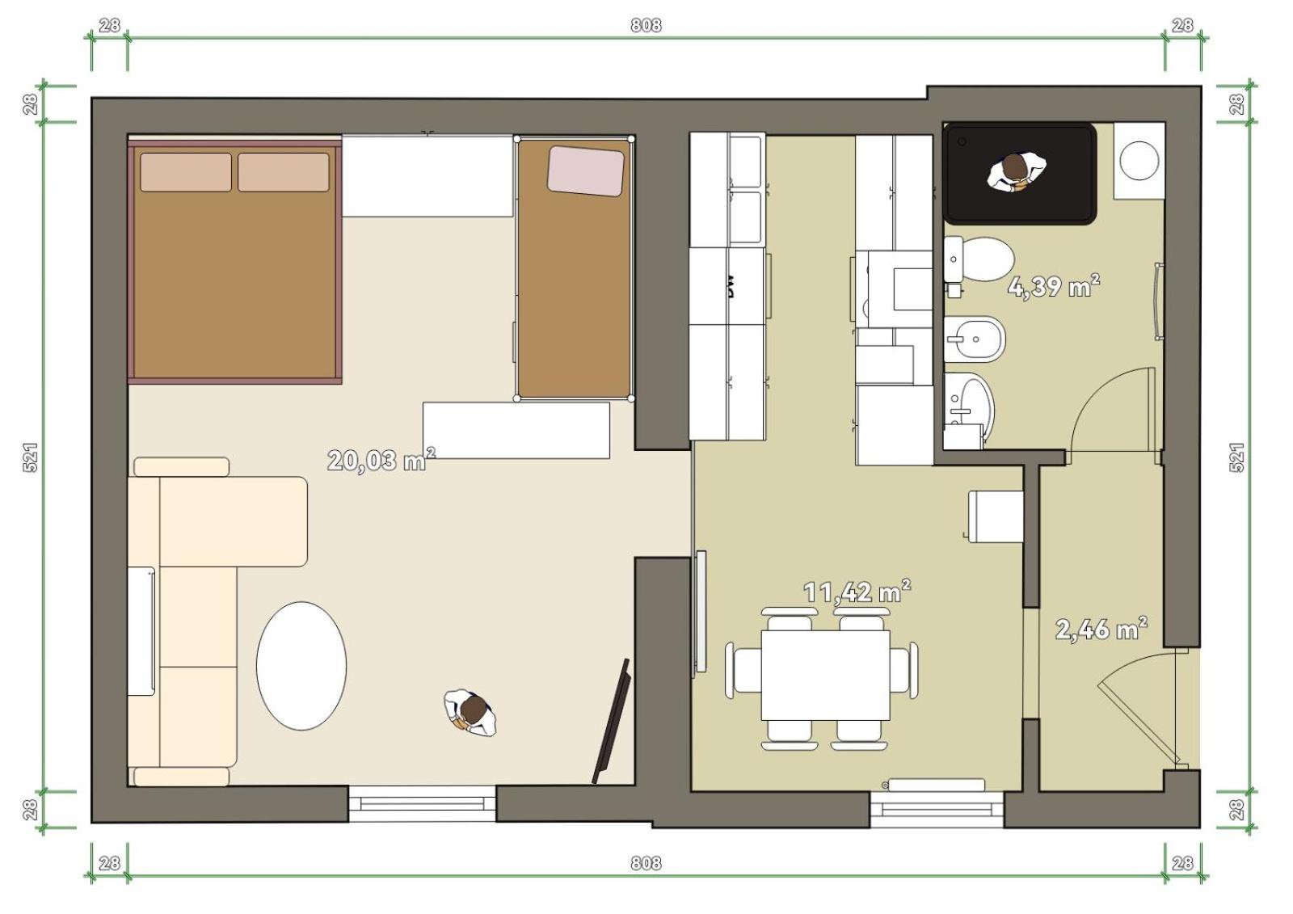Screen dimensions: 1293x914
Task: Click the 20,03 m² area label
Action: tap(381, 460)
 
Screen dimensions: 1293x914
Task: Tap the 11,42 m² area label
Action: tap(857, 592)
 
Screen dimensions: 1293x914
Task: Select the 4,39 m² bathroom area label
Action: tap(1054, 286)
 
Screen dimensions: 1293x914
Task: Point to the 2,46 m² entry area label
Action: tap(1101, 629)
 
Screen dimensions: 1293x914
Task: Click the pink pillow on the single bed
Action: tap(586, 171)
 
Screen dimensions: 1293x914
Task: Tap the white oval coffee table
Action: tap(301, 666)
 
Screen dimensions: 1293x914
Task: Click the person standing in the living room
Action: tap(470, 713)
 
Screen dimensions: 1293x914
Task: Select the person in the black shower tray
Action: tap(1016, 172)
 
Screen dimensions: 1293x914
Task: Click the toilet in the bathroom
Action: tap(979, 260)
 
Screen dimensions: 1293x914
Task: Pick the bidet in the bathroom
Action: tap(975, 339)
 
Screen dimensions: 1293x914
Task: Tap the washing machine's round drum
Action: tap(1139, 161)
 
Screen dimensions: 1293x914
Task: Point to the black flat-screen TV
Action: tap(611, 721)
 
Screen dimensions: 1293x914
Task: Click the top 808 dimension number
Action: tap(646, 25)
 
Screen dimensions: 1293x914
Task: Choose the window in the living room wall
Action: tap(422, 803)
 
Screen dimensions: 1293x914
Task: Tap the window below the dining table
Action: tap(937, 809)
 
